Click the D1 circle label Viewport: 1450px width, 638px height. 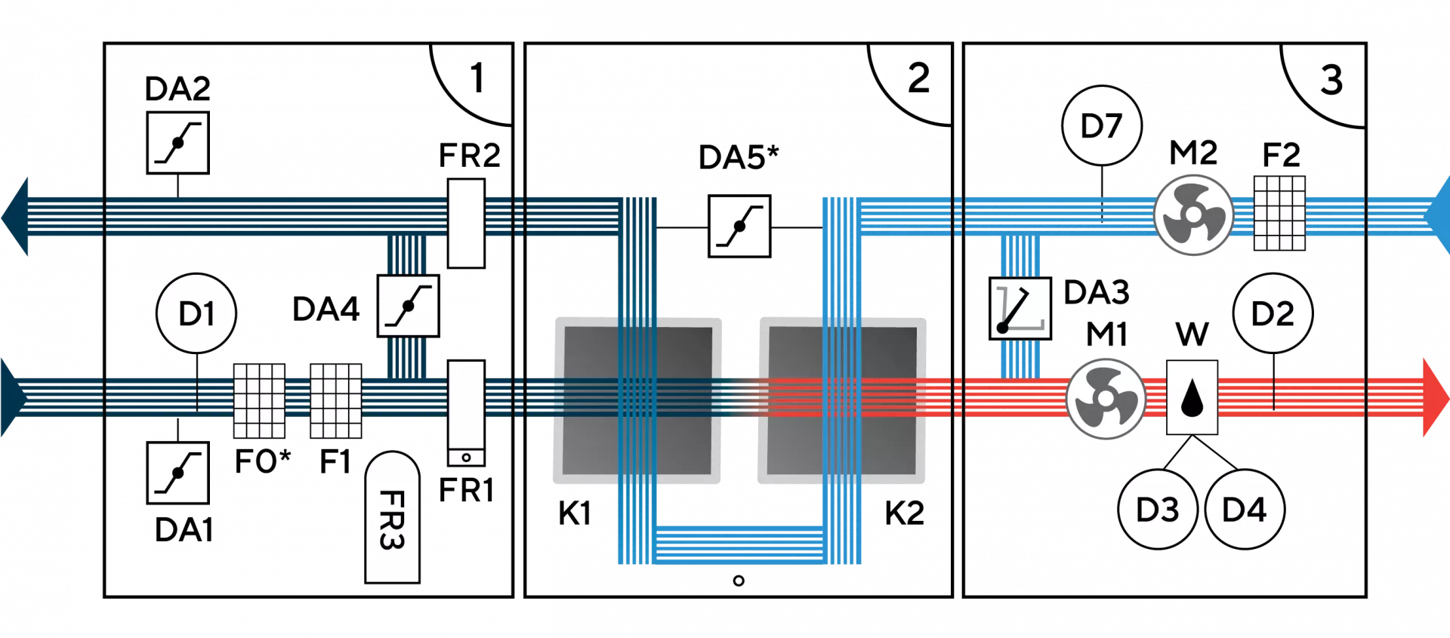[196, 313]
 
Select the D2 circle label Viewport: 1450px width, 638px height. [1273, 313]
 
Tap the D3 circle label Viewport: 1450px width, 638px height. [1157, 510]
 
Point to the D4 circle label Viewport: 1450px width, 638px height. [1244, 510]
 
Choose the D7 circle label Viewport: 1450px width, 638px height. [1101, 125]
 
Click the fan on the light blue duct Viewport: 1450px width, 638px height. [1193, 215]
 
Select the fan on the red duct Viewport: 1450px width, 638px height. [1106, 398]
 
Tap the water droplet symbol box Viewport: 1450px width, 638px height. [1192, 397]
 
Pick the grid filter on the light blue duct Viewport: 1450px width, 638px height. [1279, 214]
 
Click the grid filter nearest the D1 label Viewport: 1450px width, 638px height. [259, 401]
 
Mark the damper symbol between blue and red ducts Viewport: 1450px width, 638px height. [1020, 309]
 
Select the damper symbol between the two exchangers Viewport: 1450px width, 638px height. [739, 226]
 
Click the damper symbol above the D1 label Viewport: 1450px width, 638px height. [178, 143]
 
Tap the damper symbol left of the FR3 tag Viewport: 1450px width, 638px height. [178, 473]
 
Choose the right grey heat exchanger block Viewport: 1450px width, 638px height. [842, 400]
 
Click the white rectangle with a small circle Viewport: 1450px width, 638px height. [466, 412]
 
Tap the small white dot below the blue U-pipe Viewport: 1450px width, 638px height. [739, 581]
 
